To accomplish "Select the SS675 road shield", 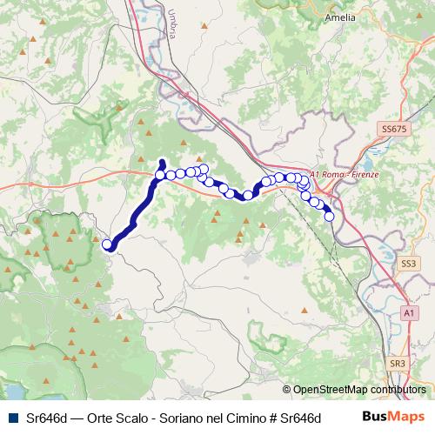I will click(x=393, y=129).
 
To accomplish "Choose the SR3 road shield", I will click(x=398, y=363).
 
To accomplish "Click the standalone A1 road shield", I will click(x=409, y=311).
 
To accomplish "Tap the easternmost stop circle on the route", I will click(x=330, y=217).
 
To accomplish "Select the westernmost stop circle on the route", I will click(x=108, y=244).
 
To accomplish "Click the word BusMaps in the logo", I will click(x=393, y=418).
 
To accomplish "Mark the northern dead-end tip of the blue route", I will click(x=162, y=161).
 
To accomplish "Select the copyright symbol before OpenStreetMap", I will click(x=287, y=390).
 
